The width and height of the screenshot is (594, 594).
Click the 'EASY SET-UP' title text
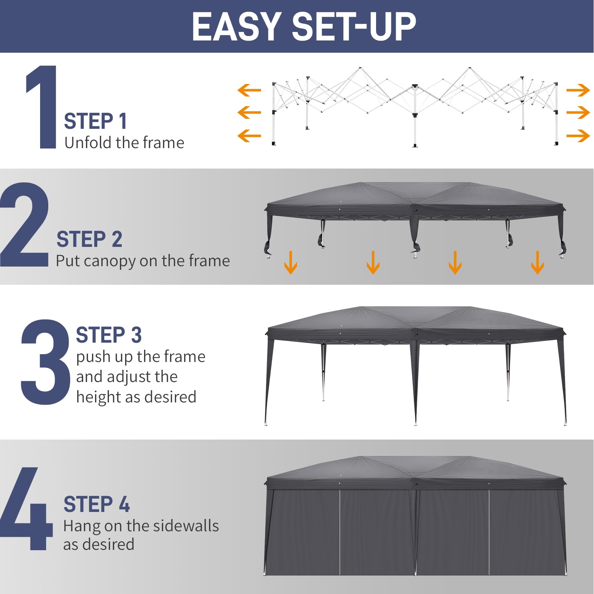coord(304,27)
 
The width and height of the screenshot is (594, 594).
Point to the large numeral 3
coord(45,362)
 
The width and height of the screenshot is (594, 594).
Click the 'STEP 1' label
coord(95,121)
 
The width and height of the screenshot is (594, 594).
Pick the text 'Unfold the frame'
coord(124,143)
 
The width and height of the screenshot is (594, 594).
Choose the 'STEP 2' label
coord(89,239)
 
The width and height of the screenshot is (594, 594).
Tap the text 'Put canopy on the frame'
coord(143,261)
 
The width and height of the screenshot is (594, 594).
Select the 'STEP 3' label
coord(108,335)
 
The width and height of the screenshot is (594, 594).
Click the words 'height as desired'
coord(136,397)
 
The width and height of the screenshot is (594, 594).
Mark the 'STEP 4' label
coord(97,504)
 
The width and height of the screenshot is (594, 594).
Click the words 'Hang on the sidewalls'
coord(141,526)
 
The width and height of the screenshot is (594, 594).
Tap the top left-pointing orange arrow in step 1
coord(249,90)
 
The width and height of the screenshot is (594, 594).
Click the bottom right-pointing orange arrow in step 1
coord(578,136)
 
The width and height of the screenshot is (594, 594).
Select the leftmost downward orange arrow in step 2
coord(290,263)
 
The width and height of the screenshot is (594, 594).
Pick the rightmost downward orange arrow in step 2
coord(537,263)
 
